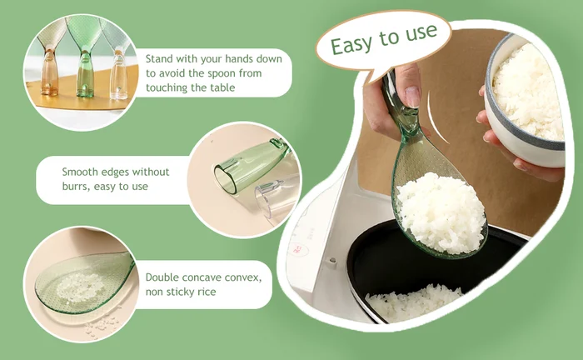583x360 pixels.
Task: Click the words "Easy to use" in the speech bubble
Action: click(384, 39)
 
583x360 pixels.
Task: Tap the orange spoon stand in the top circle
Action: click(49, 71)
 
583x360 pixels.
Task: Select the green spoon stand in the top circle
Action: click(85, 73)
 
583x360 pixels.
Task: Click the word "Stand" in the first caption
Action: click(159, 59)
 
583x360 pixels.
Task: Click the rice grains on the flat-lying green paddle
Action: click(80, 287)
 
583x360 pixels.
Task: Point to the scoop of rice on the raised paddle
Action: click(441, 212)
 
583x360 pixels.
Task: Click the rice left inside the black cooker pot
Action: click(413, 302)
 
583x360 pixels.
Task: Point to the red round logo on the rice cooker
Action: click(298, 249)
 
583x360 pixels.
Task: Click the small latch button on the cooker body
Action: click(331, 262)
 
